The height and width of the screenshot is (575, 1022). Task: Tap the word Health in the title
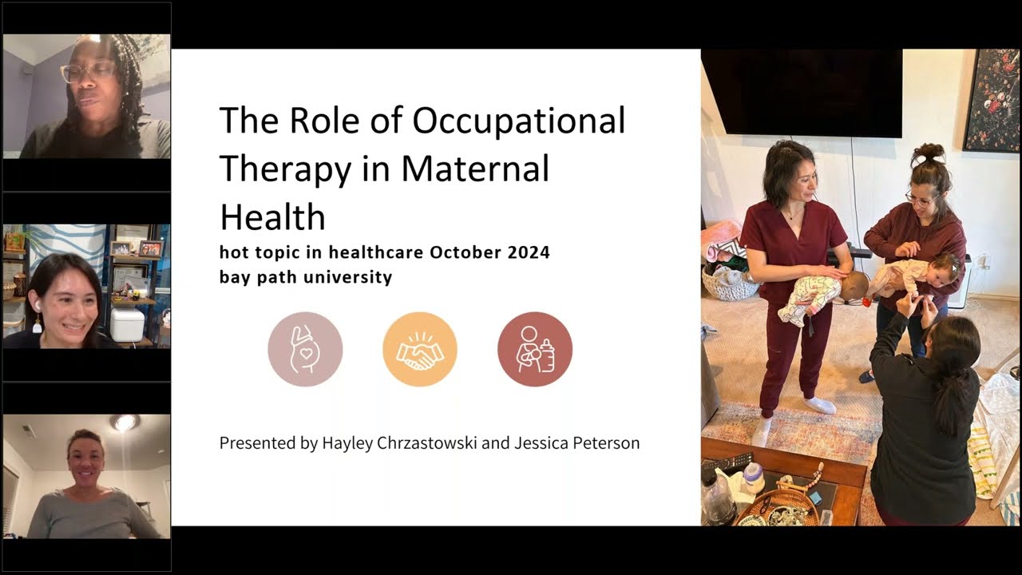[272, 217]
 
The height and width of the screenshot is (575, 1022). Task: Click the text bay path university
[306, 278]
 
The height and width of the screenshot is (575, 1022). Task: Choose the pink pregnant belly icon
[305, 350]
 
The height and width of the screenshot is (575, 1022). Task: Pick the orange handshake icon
[420, 350]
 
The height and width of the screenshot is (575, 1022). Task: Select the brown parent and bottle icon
[535, 350]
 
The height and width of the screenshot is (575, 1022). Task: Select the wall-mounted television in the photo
[802, 92]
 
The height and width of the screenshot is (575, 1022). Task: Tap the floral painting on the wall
[991, 100]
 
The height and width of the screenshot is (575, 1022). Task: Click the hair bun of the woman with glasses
[929, 153]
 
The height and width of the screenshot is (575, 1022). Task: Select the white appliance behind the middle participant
[128, 325]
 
